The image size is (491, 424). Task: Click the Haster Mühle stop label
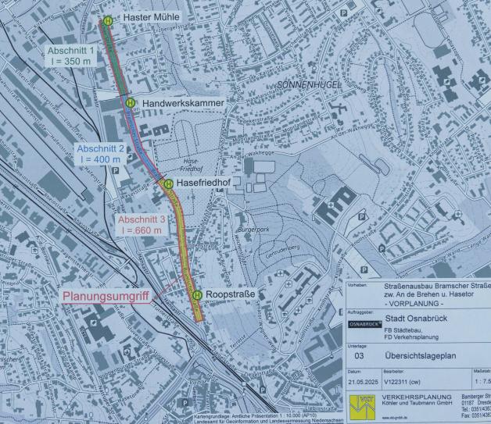[152, 17]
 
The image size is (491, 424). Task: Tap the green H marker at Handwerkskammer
[131, 103]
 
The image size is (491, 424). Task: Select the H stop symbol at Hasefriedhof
[167, 183]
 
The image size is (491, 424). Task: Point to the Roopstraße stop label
[231, 294]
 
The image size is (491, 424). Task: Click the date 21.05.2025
[362, 383]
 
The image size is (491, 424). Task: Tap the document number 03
[359, 354]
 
